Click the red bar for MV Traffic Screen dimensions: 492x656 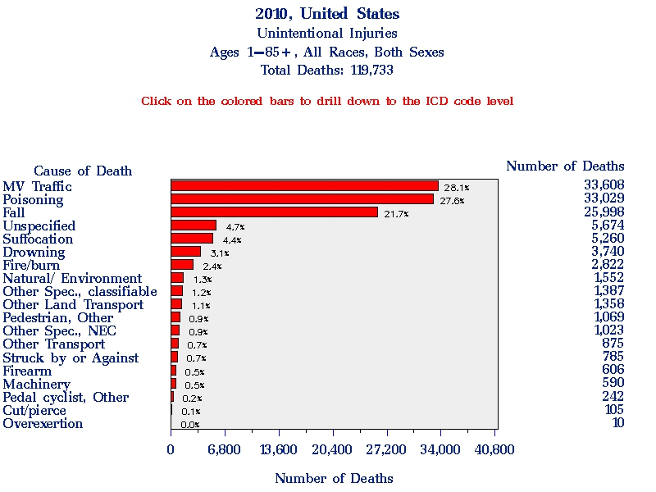point(304,186)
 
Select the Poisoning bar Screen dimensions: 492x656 point(302,199)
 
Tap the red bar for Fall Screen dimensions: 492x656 point(274,212)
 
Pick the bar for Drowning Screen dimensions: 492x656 point(185,252)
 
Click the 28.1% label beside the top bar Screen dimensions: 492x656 point(456,188)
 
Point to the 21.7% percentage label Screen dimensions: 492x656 point(396,214)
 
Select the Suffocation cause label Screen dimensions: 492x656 point(38,239)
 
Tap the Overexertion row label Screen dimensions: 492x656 point(43,424)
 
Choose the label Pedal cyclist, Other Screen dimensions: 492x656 point(66,398)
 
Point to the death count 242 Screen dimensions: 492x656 point(613,397)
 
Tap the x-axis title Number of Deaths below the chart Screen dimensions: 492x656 point(334,478)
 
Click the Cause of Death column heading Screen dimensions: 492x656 point(83,171)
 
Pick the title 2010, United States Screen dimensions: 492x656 point(327,14)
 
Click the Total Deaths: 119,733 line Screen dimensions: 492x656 point(327,71)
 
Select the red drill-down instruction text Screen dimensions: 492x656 point(327,102)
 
